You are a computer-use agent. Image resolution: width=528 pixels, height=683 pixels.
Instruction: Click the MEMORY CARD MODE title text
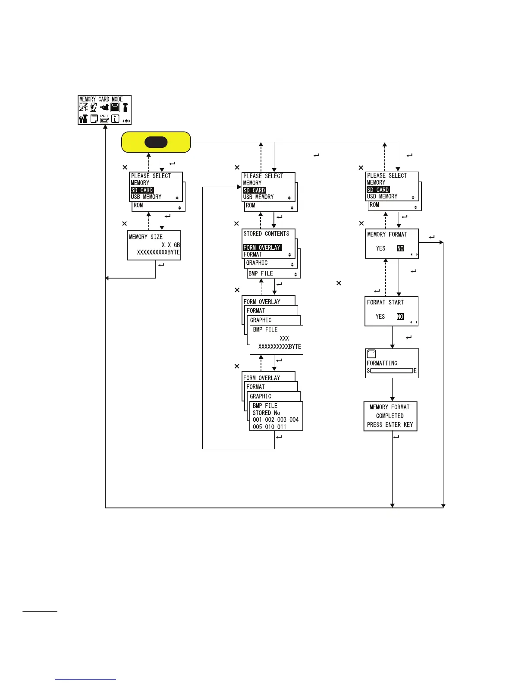(101, 99)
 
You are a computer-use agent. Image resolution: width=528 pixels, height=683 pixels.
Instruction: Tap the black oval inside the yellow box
(156, 142)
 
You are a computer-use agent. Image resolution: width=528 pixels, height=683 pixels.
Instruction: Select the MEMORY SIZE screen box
(154, 245)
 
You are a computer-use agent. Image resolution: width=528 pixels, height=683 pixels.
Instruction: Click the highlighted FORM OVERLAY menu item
(262, 248)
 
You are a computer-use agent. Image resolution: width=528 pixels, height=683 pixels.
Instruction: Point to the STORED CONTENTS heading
(266, 234)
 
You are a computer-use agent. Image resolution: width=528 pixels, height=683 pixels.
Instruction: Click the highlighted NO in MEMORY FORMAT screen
(400, 248)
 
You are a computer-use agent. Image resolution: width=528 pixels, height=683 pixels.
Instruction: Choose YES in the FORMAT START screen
(380, 316)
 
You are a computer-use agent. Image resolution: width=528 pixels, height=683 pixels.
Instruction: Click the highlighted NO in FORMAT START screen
(400, 316)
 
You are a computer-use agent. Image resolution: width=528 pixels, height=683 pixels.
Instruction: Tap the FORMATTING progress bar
(391, 371)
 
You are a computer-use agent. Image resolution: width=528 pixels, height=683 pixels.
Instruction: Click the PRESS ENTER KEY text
(390, 425)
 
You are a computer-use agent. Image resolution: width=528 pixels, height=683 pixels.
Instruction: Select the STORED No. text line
(267, 413)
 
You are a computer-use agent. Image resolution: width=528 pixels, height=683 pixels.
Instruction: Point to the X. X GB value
(171, 245)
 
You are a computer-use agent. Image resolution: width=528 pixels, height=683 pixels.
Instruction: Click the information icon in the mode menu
(115, 119)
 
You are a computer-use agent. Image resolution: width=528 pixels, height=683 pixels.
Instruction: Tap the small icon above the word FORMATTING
(371, 354)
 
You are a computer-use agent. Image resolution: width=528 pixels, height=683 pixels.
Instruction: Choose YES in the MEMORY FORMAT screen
(380, 248)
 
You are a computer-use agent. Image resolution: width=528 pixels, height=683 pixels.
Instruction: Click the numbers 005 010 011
(269, 427)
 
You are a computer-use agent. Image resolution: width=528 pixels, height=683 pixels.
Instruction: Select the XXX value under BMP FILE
(284, 338)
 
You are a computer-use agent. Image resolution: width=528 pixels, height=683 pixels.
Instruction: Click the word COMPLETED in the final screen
(390, 416)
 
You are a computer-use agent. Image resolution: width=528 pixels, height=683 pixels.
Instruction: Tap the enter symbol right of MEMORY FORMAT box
(431, 237)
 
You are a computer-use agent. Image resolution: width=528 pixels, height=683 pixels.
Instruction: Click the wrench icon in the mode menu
(83, 119)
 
